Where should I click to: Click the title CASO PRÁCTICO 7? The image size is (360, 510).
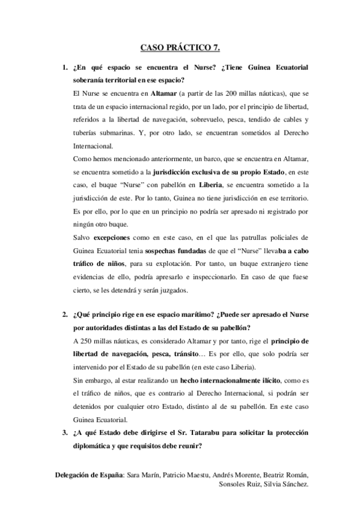pos(180,46)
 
